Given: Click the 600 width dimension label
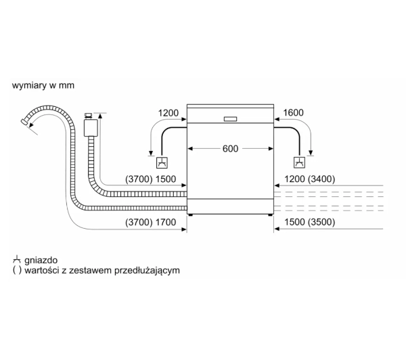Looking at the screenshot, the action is [230, 149].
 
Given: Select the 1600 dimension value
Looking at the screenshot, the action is [293, 112].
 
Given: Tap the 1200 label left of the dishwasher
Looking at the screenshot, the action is [168, 113].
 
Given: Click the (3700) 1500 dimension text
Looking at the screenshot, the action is [150, 179].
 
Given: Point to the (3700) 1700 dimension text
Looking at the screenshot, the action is [150, 222].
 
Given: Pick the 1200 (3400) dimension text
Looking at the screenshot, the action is [310, 179].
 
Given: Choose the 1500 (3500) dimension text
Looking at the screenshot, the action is [310, 222].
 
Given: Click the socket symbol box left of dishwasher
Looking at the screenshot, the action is [162, 163].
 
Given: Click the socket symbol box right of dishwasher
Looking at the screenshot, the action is [299, 162].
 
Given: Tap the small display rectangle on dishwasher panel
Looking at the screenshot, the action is [230, 119].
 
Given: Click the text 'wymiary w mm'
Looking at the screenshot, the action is [43, 85].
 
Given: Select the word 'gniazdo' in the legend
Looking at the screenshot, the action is [41, 260].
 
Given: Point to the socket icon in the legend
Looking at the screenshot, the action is [16, 259].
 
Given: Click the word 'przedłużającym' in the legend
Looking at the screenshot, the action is [147, 271].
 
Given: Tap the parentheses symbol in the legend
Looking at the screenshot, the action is [17, 271].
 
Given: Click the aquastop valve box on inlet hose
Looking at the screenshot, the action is [91, 127].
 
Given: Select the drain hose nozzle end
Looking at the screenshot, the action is [24, 122].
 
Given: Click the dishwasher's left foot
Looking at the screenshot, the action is [191, 215].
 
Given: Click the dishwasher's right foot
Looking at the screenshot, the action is [270, 215].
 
